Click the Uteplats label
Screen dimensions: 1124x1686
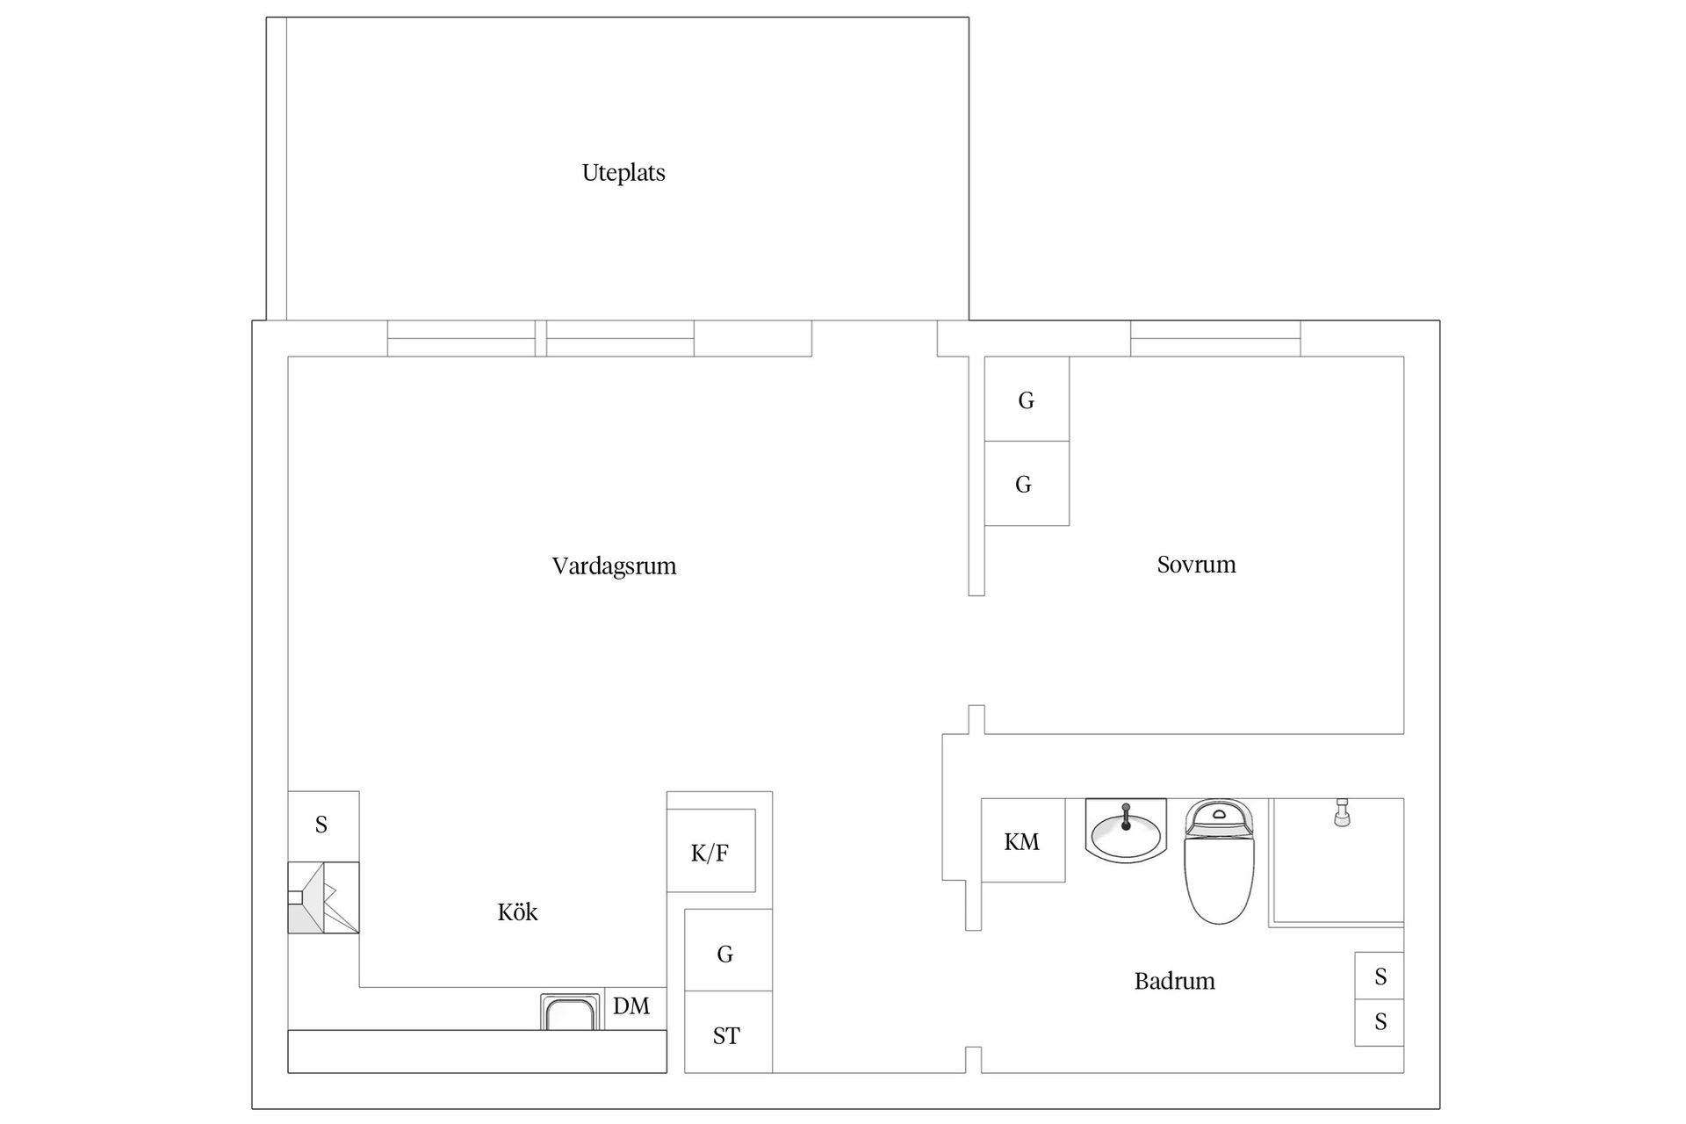[x=623, y=172]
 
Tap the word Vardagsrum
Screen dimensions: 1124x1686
[x=614, y=566]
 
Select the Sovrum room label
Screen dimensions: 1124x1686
[x=1196, y=564]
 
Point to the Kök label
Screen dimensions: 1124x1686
[x=517, y=911]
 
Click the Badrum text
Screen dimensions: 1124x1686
[x=1174, y=981]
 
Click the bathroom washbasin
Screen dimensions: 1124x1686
[x=1126, y=830]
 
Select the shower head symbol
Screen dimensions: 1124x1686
[x=1341, y=813]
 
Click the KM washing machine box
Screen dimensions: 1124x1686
[x=1022, y=840]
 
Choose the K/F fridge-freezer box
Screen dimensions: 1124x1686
[x=710, y=851]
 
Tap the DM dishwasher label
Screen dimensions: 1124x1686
[x=631, y=1006]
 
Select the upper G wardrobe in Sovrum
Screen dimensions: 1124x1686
[x=1027, y=400]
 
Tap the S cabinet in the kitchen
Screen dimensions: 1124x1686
[x=322, y=825]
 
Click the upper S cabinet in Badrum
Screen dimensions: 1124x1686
[x=1380, y=976]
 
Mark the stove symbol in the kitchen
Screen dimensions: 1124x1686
[x=323, y=897]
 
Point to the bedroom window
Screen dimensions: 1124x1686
[x=1214, y=339]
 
